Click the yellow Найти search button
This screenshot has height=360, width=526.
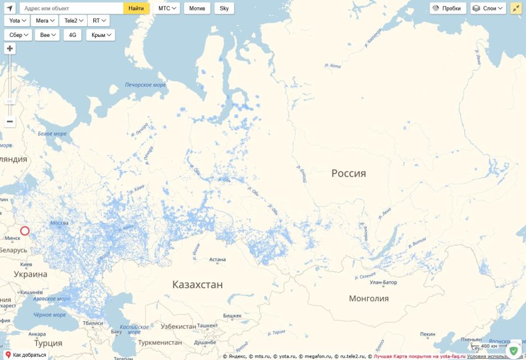pos(136,9)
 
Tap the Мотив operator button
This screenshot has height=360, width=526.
pos(197,9)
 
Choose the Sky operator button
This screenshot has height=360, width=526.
pos(224,9)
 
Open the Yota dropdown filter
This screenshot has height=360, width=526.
pos(17,21)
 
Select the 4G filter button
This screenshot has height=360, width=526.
pos(72,35)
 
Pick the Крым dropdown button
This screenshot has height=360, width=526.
pos(100,35)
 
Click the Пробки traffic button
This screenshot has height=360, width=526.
pos(448,9)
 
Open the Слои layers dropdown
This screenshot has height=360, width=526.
pos(488,9)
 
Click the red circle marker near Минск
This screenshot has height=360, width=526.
pos(24,231)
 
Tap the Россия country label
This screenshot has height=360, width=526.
pos(349,173)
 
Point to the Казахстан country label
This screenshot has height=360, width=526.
pos(197,285)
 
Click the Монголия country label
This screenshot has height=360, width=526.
pos(369,299)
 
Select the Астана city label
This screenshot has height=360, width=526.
pos(217,259)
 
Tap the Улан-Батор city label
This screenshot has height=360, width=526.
pos(383,282)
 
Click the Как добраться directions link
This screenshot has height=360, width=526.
pos(26,355)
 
